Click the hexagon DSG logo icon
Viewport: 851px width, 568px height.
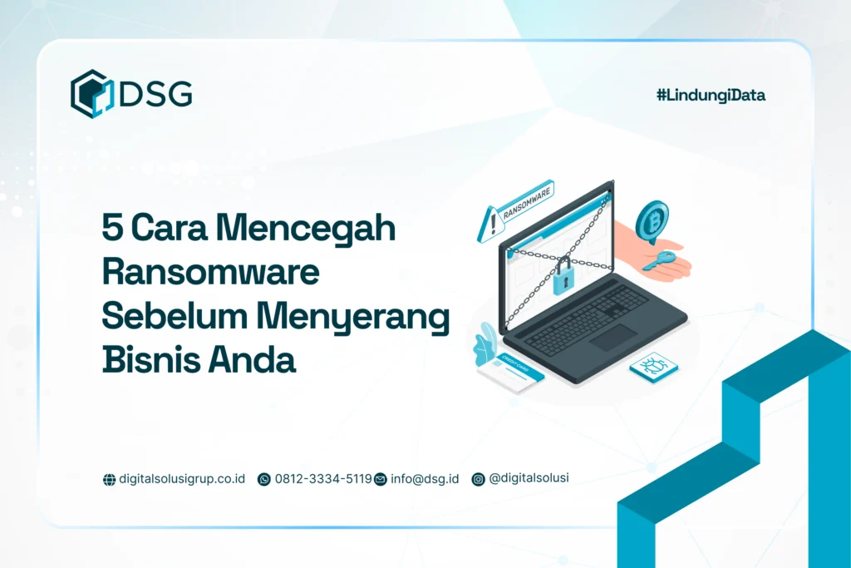click(x=91, y=93)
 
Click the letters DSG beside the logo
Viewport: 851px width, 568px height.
click(x=155, y=95)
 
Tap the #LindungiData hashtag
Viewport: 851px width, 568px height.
click(x=711, y=95)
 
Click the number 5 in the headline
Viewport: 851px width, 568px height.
click(x=111, y=228)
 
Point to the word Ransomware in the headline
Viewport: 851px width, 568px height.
click(x=210, y=273)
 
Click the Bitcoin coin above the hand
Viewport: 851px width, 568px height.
click(x=652, y=221)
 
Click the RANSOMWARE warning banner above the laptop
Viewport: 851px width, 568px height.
click(x=526, y=205)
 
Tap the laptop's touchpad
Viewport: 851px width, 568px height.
click(x=614, y=337)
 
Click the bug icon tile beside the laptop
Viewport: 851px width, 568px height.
click(x=653, y=367)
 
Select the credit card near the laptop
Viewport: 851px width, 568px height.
click(x=509, y=373)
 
